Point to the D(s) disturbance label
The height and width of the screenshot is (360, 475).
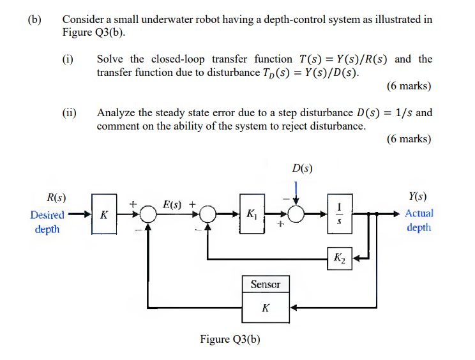click(x=301, y=169)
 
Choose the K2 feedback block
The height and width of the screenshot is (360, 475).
click(x=338, y=259)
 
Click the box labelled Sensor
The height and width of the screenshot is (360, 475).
click(x=265, y=284)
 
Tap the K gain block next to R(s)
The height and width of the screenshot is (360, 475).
click(x=103, y=214)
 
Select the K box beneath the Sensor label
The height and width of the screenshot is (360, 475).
click(x=265, y=308)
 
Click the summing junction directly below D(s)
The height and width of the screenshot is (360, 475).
click(x=296, y=214)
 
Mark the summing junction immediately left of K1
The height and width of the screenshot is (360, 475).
click(x=207, y=214)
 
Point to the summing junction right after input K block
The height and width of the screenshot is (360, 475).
click(x=148, y=214)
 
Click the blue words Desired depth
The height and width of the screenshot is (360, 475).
click(x=47, y=221)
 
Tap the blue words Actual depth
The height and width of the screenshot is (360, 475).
click(x=419, y=220)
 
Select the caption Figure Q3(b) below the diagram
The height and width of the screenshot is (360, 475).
click(x=230, y=339)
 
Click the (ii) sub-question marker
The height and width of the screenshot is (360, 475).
click(x=70, y=113)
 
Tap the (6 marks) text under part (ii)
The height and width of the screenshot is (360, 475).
click(x=409, y=139)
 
